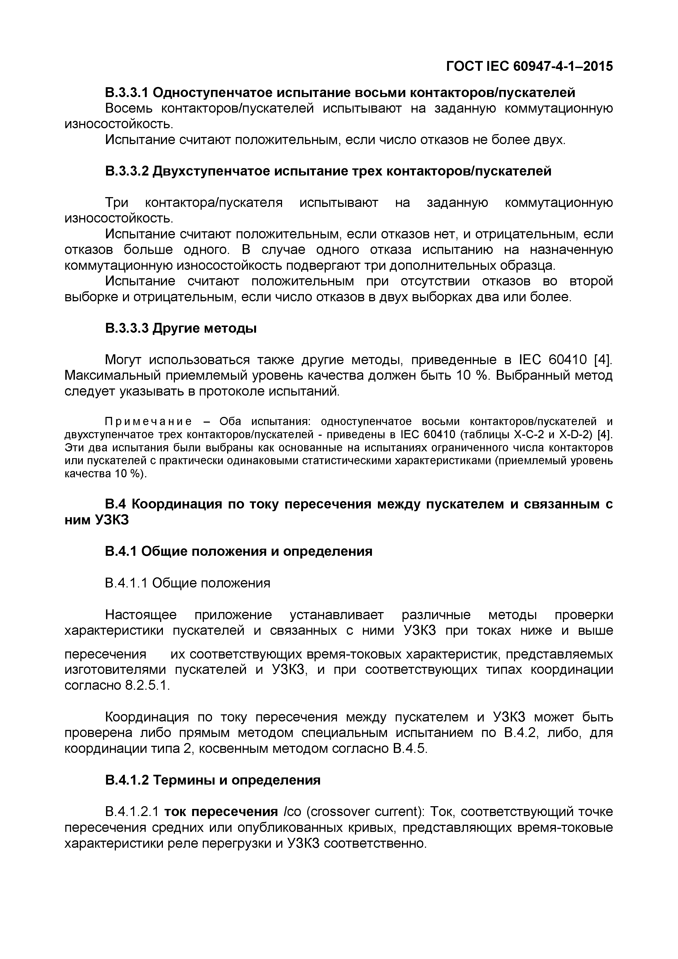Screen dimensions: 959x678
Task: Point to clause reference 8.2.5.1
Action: point(147,686)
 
